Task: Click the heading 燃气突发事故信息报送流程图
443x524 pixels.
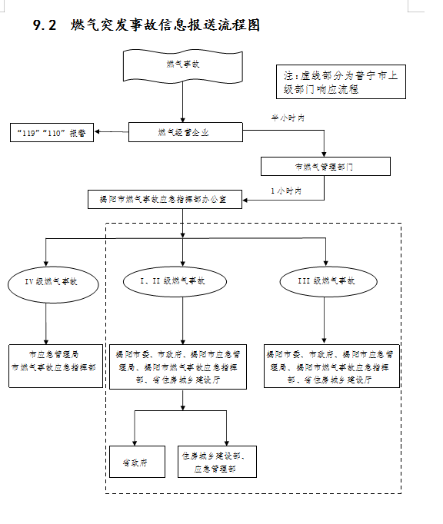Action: coord(165,25)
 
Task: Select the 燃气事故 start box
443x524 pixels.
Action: coord(182,65)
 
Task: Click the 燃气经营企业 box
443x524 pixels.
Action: coord(182,133)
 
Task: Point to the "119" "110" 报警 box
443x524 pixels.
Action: coord(52,133)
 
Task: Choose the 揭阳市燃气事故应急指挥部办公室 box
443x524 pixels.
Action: coord(165,199)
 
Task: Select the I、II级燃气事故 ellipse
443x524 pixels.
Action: coord(175,282)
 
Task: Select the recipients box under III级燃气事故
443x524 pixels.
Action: coord(331,366)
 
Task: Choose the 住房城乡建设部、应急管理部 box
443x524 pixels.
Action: coord(215,462)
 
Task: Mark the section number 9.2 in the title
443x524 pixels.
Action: coord(45,26)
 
